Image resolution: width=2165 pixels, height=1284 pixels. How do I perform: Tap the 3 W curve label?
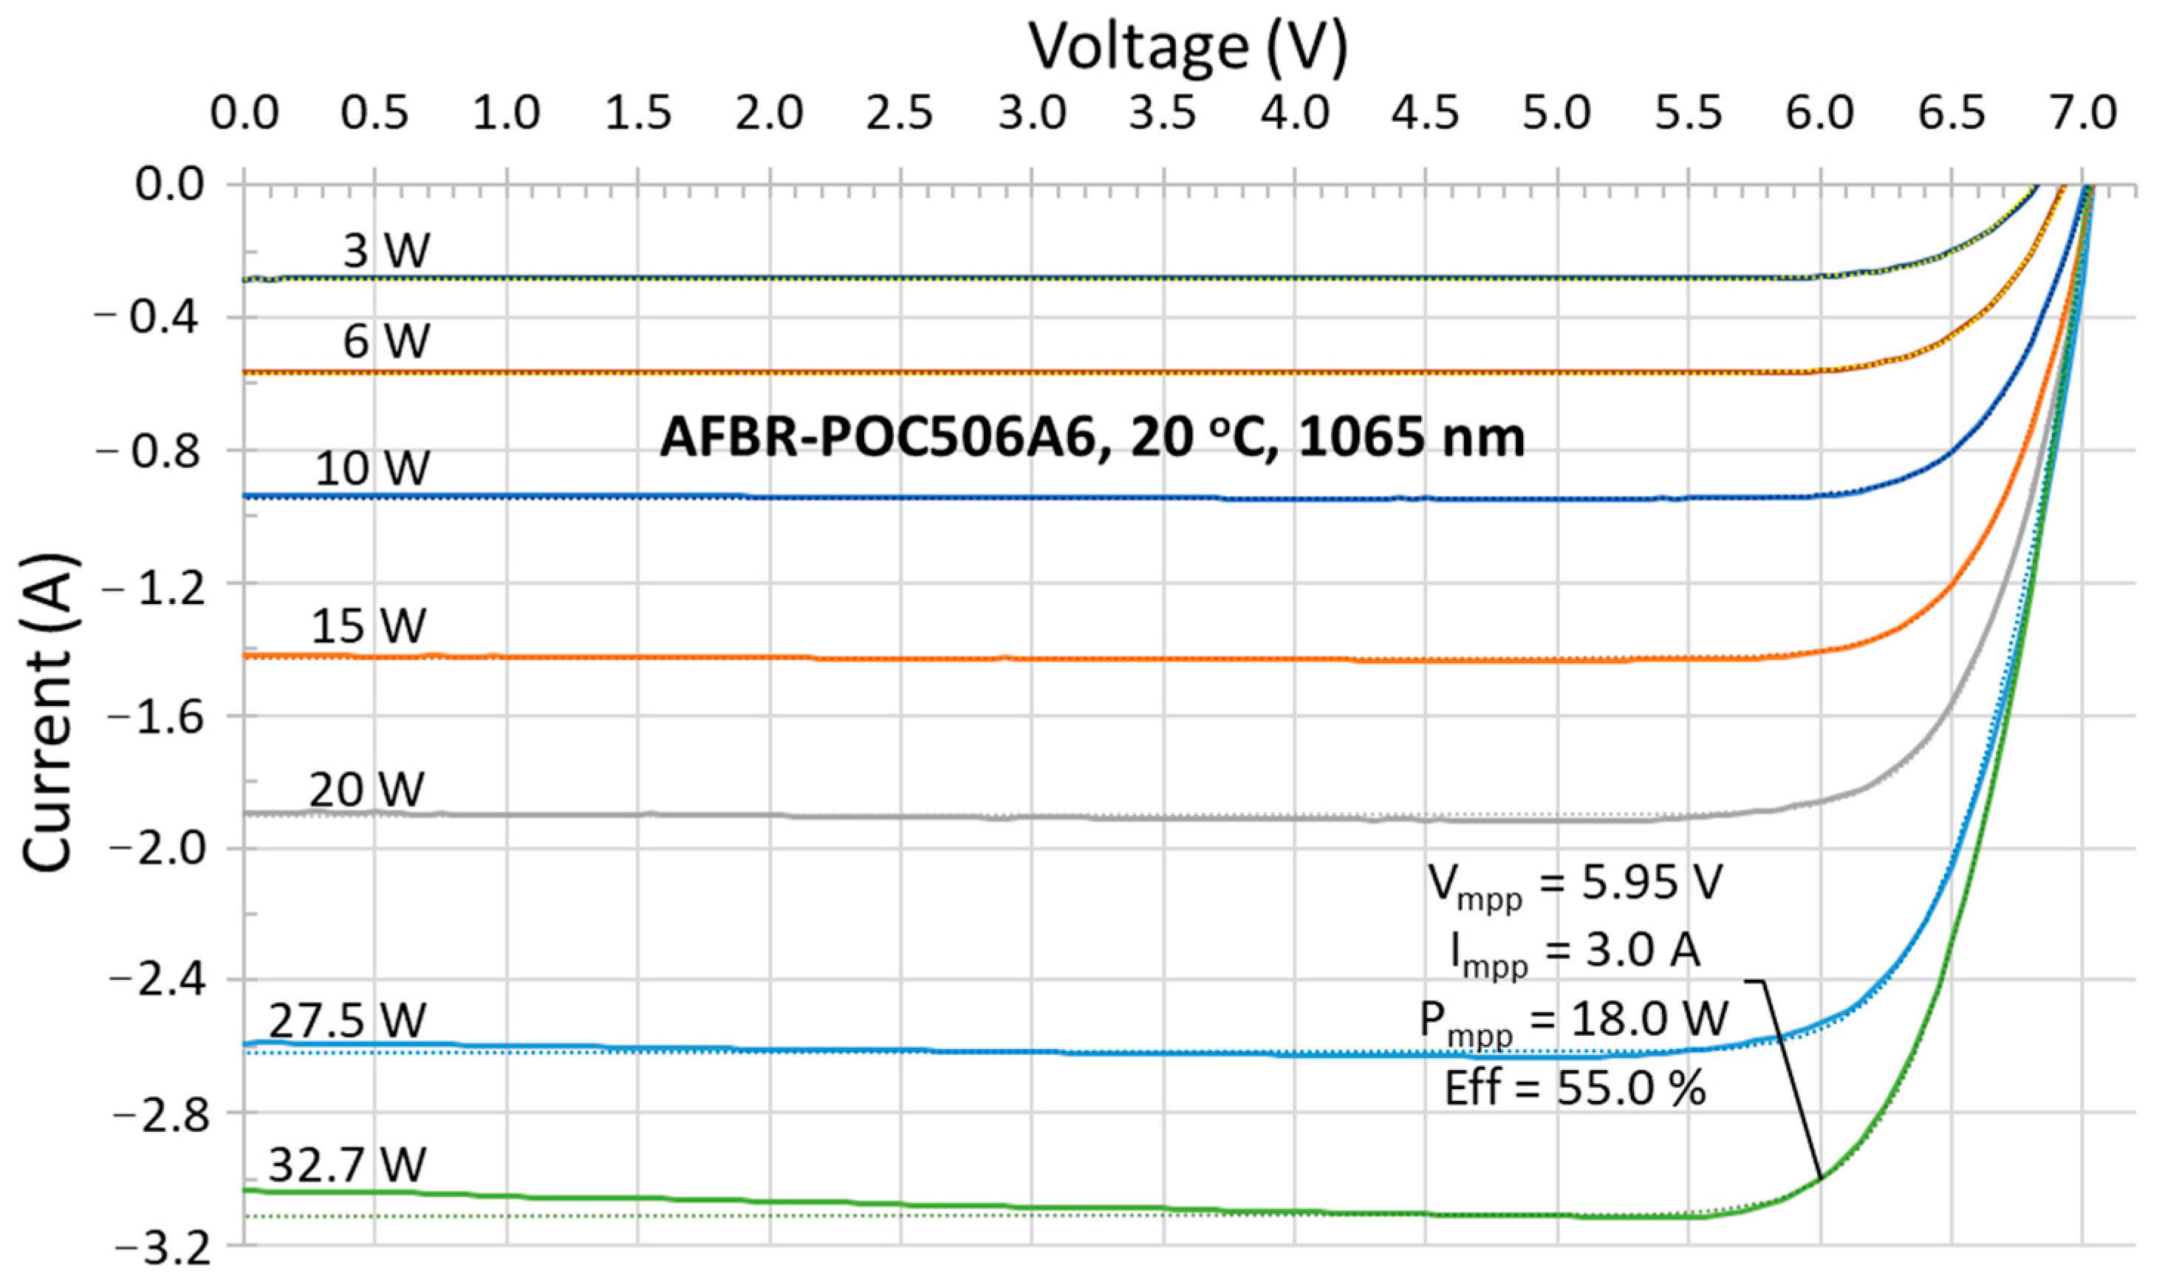click(x=386, y=251)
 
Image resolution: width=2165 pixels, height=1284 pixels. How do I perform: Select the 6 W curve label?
click(x=386, y=340)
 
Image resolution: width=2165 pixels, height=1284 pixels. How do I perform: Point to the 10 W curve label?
click(x=372, y=469)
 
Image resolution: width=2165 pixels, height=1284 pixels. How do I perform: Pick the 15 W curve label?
click(x=369, y=625)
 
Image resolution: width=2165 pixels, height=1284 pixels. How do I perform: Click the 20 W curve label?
click(x=367, y=789)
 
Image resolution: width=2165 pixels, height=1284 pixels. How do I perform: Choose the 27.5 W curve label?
click(x=347, y=1021)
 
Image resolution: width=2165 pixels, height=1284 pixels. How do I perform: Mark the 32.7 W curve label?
click(x=347, y=1164)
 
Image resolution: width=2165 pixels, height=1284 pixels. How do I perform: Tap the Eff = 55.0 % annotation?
click(x=1574, y=1088)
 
